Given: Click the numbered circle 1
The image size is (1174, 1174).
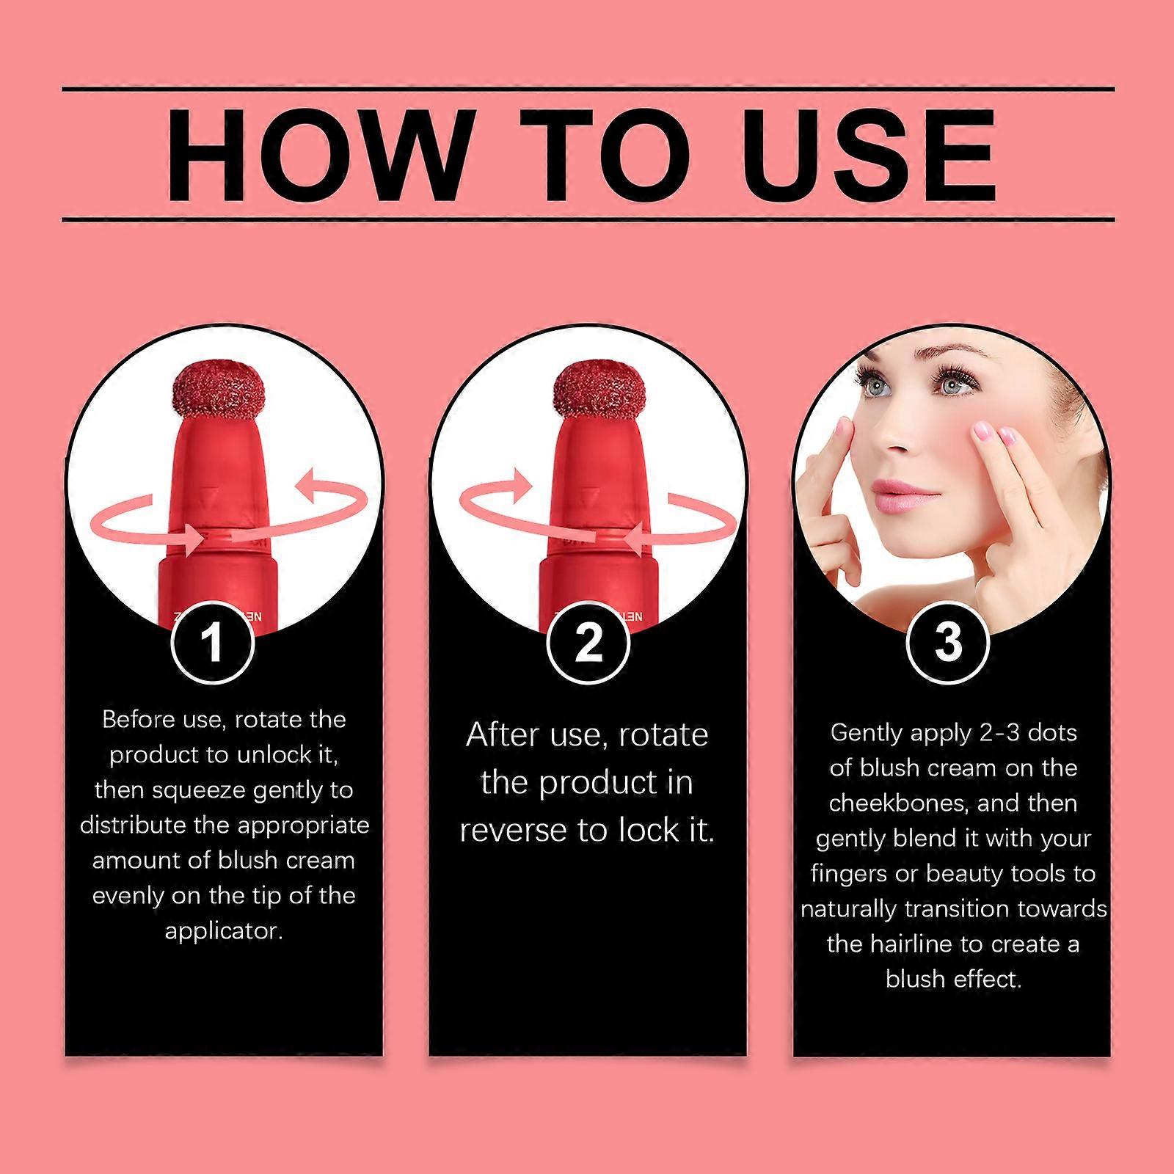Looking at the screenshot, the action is click(x=213, y=642).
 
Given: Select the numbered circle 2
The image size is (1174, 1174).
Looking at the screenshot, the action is click(x=588, y=642).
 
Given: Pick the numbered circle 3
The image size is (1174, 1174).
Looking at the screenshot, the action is click(x=948, y=642).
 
